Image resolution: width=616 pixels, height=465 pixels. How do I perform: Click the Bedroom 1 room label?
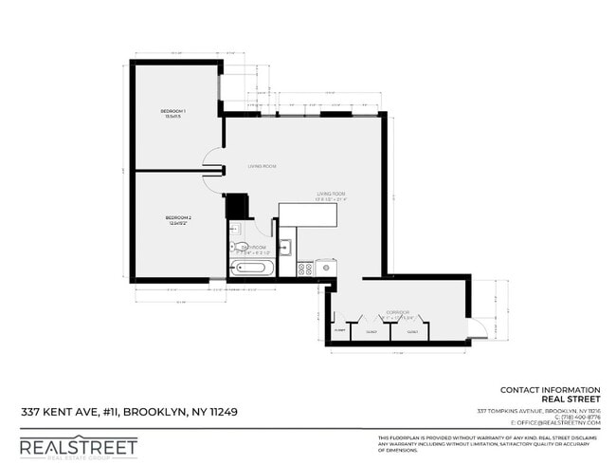pyautogui.click(x=172, y=113)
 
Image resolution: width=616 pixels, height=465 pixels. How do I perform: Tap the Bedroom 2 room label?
pyautogui.click(x=178, y=219)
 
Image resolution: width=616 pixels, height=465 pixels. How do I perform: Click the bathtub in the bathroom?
pyautogui.click(x=252, y=268)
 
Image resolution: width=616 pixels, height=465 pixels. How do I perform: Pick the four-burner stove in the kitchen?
pyautogui.click(x=305, y=269)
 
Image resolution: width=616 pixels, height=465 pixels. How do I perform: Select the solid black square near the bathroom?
pyautogui.click(x=236, y=206)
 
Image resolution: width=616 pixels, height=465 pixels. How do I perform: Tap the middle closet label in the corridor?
pyautogui.click(x=371, y=332)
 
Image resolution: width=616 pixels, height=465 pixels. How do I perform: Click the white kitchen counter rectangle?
pyautogui.click(x=308, y=215)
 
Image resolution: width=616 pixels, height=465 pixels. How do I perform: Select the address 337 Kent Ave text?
pyautogui.click(x=129, y=413)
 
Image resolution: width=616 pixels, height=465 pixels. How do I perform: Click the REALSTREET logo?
pyautogui.click(x=79, y=446)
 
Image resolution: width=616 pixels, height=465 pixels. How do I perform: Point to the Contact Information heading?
pyautogui.click(x=550, y=389)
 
